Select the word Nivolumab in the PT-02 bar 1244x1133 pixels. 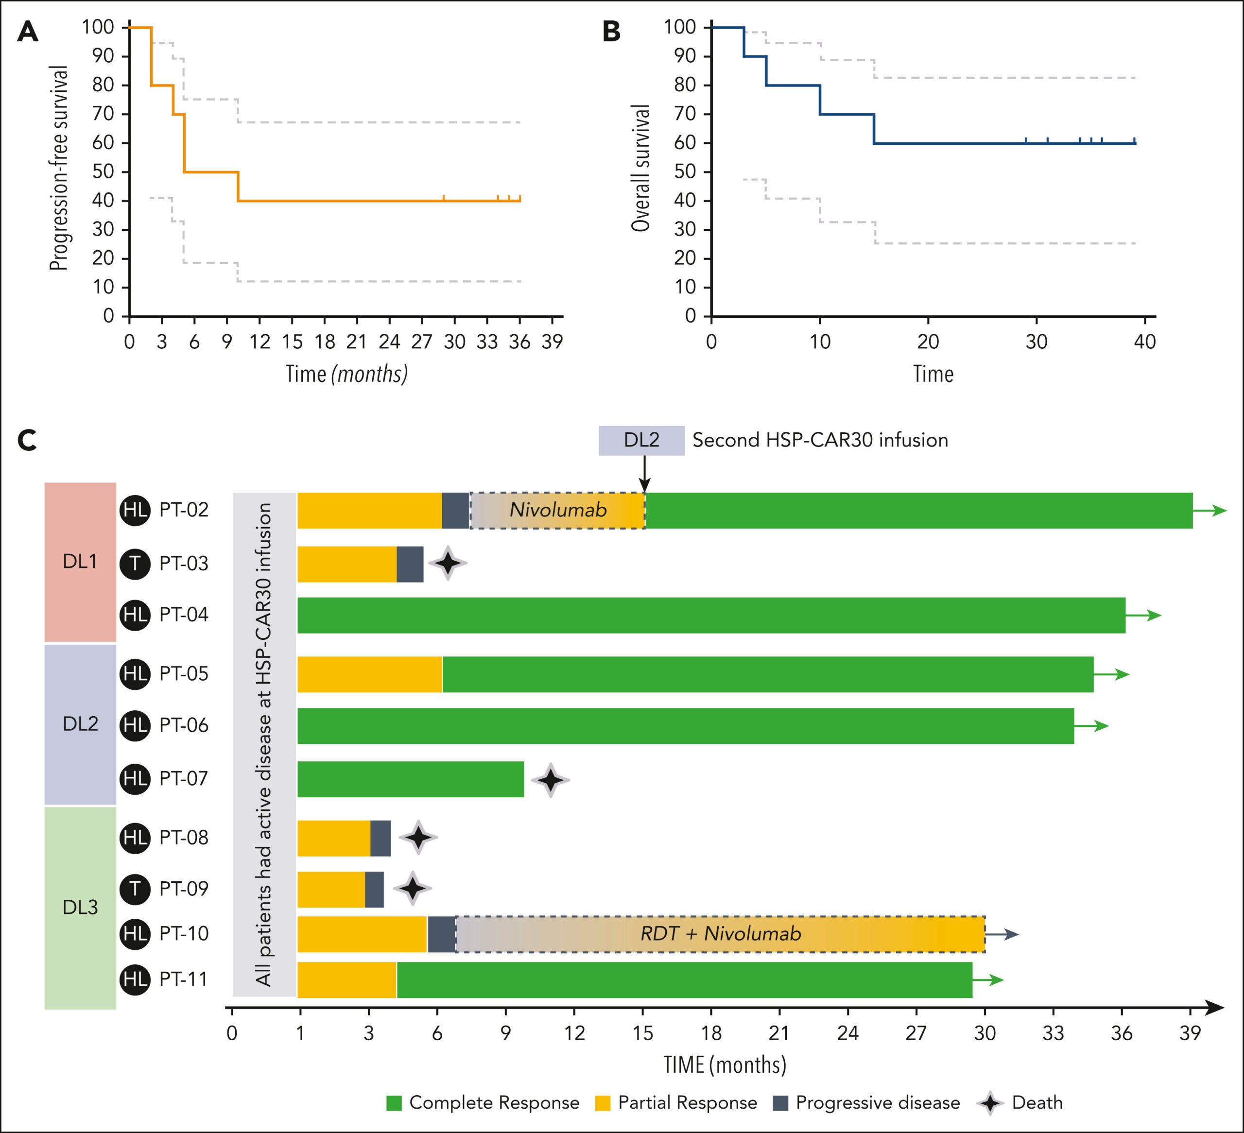[558, 510]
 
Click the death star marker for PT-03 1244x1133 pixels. [448, 563]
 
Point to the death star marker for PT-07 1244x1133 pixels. [550, 780]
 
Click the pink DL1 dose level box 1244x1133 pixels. [80, 562]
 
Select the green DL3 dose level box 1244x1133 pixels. [80, 907]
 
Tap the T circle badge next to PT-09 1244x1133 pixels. [135, 889]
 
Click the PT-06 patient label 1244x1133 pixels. [184, 725]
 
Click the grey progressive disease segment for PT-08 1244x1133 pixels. [380, 838]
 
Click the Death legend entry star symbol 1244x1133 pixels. [990, 1103]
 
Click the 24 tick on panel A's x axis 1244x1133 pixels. [389, 341]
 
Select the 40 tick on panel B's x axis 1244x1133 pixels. [1145, 341]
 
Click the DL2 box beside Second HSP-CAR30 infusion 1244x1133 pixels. [641, 441]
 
